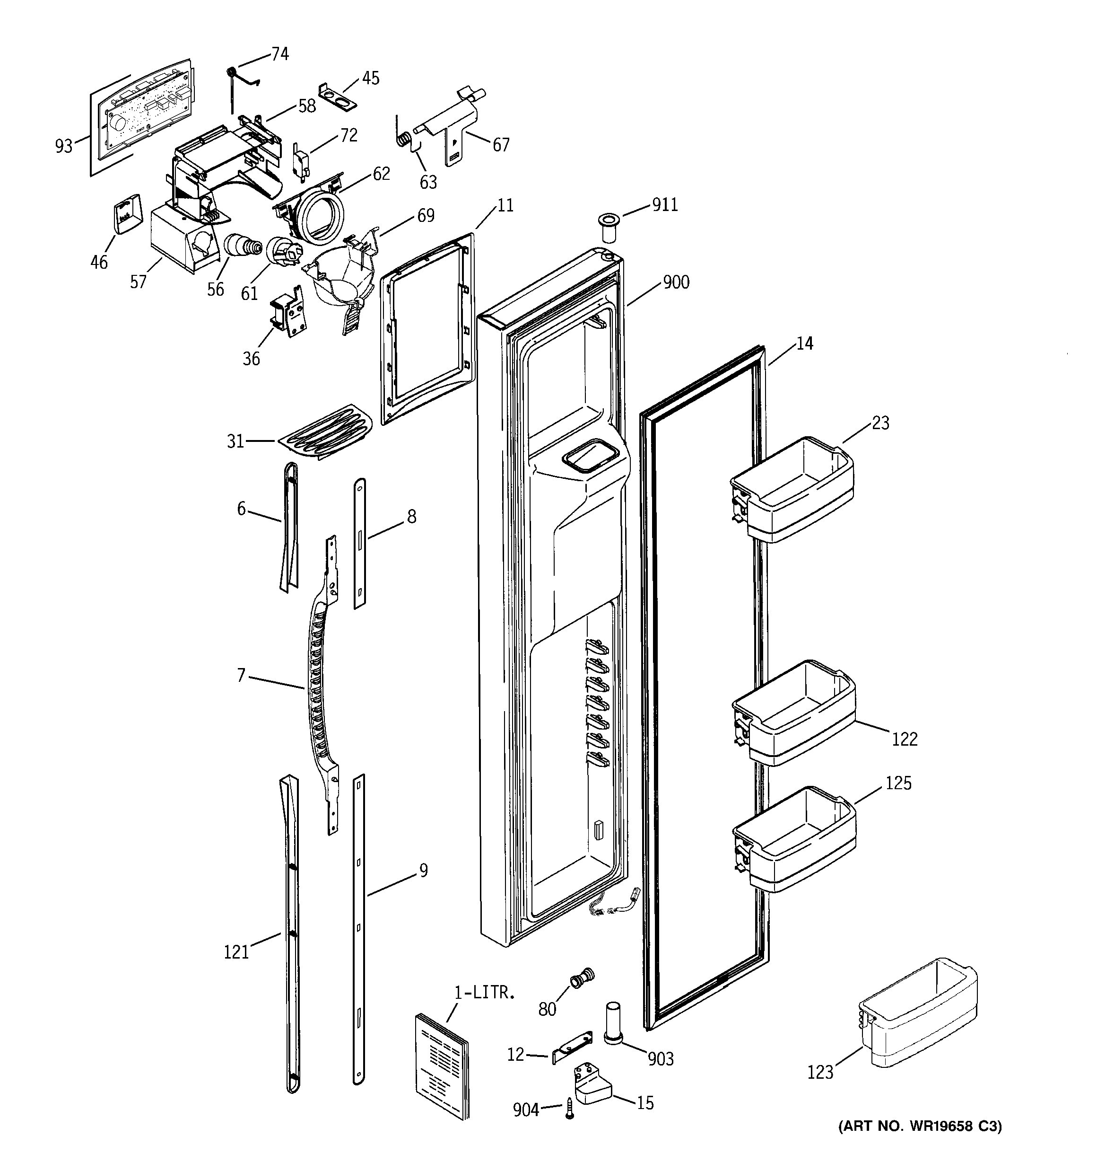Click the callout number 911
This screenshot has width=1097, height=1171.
pyautogui.click(x=665, y=205)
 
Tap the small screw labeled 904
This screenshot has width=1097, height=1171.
pyautogui.click(x=569, y=1109)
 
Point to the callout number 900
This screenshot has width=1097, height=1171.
pyautogui.click(x=676, y=283)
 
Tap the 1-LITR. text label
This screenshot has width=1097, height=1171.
pyautogui.click(x=484, y=993)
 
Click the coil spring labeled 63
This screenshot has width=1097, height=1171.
pyautogui.click(x=403, y=140)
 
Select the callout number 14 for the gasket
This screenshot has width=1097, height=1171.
pyautogui.click(x=804, y=344)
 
